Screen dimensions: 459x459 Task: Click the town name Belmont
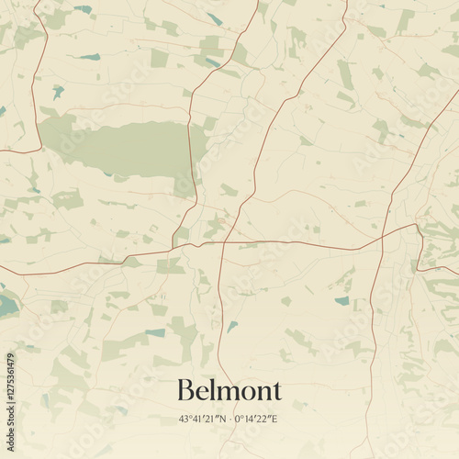(x=229, y=391)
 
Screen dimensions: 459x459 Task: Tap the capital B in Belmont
(x=185, y=391)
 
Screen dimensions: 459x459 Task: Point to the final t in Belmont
(x=276, y=392)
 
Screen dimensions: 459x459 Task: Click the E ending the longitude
(x=274, y=419)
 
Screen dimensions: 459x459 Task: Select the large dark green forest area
(x=129, y=147)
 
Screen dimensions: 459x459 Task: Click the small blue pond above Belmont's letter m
(x=232, y=325)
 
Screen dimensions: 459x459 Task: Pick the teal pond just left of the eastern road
(x=342, y=300)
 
